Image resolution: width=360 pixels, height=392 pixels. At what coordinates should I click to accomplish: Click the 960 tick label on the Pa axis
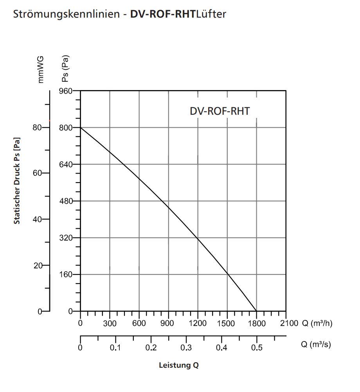[66, 91]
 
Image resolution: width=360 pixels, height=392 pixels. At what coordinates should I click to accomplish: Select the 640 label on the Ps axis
[66, 164]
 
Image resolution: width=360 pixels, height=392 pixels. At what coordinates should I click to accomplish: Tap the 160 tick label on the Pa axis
[66, 275]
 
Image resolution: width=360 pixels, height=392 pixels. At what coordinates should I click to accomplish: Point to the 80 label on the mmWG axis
[37, 128]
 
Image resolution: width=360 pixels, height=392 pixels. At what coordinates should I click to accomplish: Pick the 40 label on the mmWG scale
[37, 220]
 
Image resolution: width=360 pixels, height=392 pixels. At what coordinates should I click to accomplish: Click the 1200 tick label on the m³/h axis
[198, 323]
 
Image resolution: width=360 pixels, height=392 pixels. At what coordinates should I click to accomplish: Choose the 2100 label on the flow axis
[289, 323]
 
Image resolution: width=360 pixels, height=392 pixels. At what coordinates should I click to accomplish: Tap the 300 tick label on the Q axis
[110, 323]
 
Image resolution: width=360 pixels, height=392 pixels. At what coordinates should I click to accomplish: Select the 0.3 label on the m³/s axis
[186, 347]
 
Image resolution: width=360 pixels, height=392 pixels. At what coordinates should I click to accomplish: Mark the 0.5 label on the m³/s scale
[257, 347]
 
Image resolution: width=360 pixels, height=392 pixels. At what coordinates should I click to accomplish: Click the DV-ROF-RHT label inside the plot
[220, 111]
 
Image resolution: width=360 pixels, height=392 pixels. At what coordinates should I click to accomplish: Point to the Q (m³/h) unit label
[317, 323]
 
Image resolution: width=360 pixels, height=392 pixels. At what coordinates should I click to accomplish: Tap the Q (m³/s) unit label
[316, 345]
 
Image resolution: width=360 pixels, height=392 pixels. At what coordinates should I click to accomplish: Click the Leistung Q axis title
[179, 365]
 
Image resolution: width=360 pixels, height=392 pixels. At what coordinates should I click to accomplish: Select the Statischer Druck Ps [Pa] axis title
[17, 181]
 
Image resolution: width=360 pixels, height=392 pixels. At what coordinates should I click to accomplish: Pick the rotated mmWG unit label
[40, 69]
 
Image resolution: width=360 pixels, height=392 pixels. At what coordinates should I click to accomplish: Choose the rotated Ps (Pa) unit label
[65, 69]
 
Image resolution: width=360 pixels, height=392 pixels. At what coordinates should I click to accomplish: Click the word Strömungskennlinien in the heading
[67, 14]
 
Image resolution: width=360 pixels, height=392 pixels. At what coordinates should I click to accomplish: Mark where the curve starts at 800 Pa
[81, 128]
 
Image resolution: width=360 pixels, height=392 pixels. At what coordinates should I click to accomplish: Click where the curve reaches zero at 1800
[257, 311]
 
